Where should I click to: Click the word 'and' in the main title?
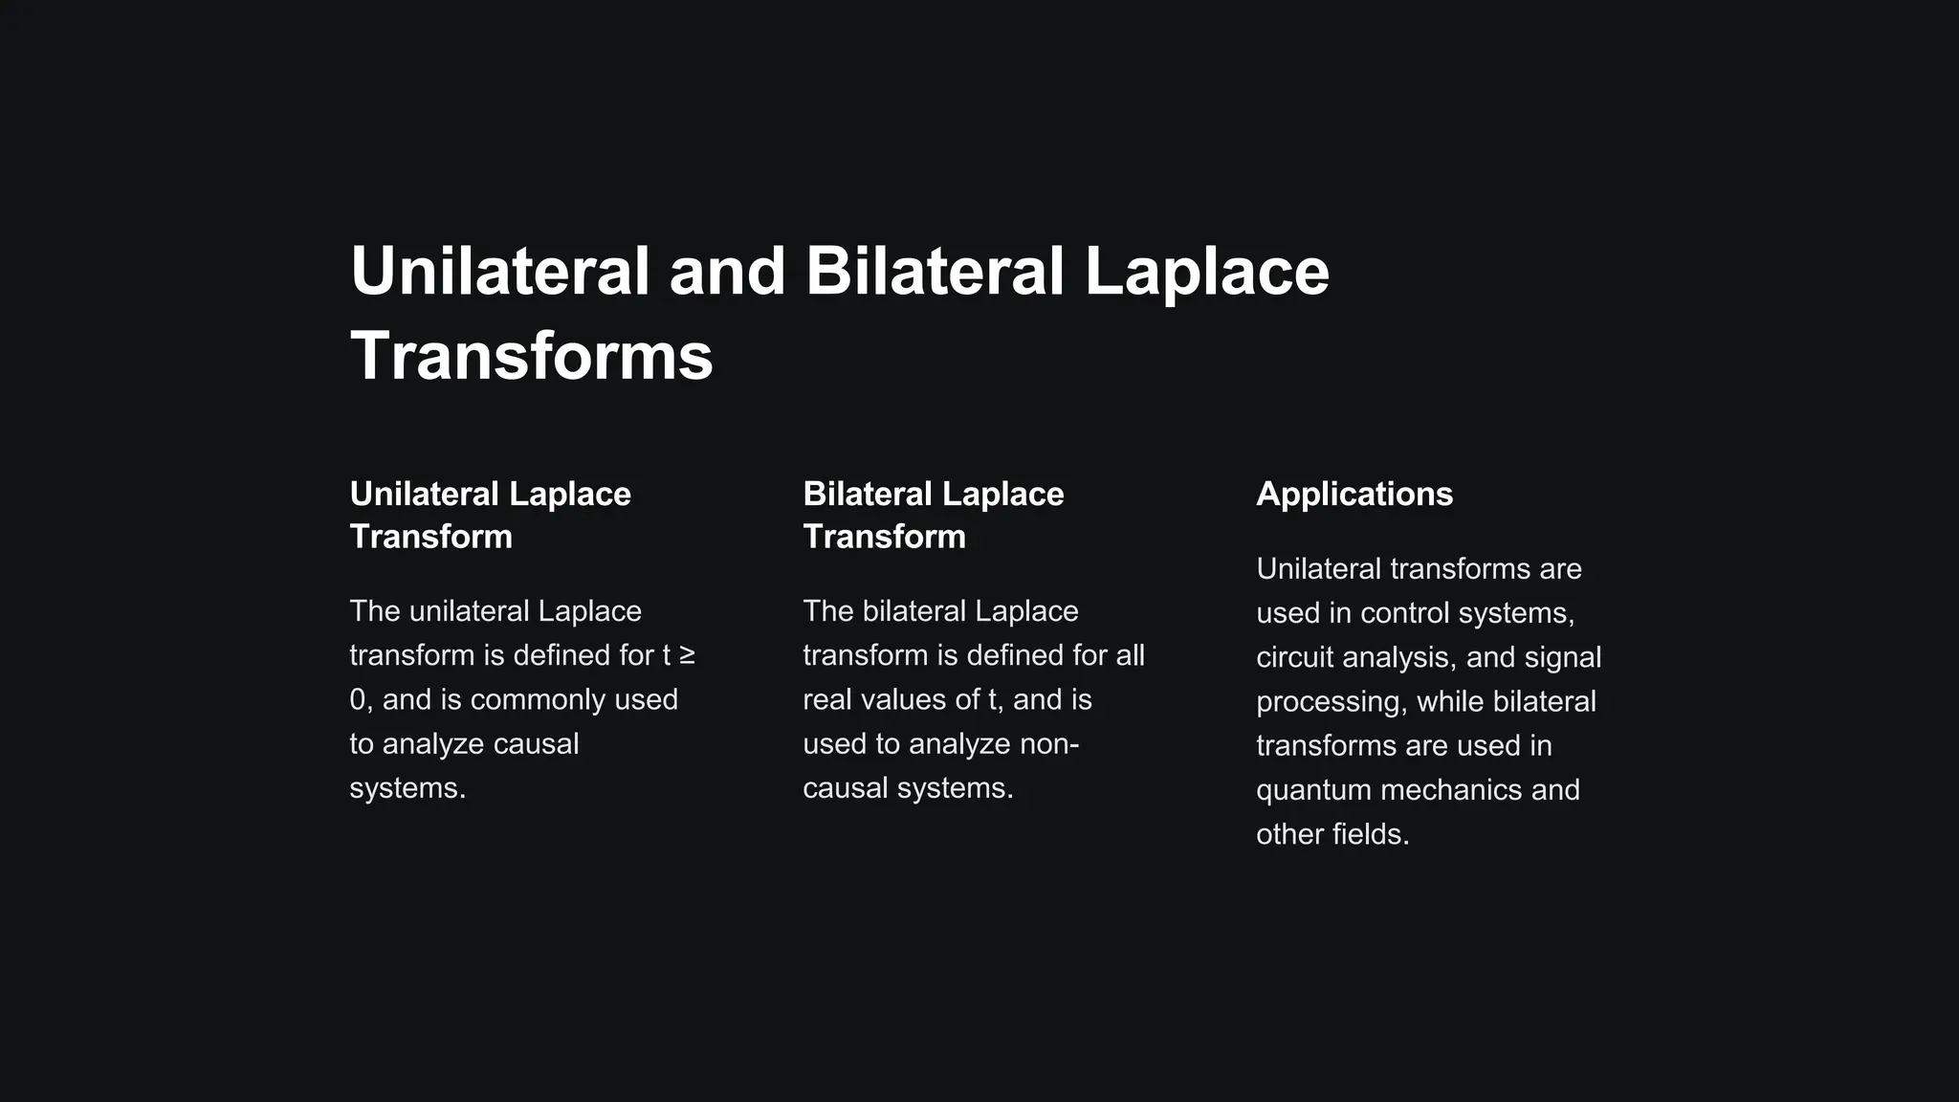(727, 272)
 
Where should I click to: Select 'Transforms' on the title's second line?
(532, 356)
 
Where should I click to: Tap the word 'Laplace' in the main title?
(1206, 272)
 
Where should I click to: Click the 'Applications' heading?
(1354, 494)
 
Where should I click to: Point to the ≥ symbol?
(687, 655)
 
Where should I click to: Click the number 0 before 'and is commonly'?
(358, 700)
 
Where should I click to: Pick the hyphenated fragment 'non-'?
(1049, 744)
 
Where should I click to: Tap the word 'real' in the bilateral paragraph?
(827, 700)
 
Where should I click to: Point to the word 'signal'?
(1563, 657)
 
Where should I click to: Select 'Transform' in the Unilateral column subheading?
(430, 537)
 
